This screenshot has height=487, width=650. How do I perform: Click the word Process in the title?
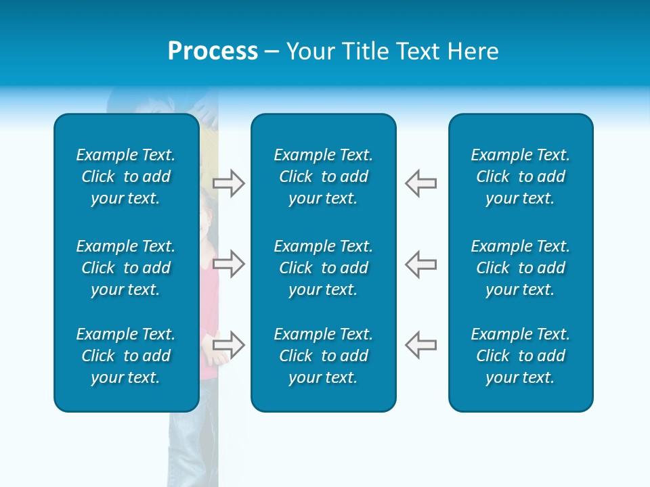[x=213, y=51]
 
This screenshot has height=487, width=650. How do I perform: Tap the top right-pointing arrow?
[x=228, y=183]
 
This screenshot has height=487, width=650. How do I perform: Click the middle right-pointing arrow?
[x=228, y=264]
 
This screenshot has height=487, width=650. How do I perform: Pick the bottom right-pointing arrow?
[x=228, y=344]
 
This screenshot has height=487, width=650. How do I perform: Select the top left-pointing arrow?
[x=420, y=183]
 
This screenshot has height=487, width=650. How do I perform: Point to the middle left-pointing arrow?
[x=420, y=264]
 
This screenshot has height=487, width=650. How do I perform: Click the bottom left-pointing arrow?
[x=420, y=344]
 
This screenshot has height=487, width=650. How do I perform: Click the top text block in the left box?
[x=126, y=177]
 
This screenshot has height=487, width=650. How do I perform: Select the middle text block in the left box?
[x=126, y=268]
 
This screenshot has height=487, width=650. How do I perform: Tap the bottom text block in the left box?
[x=126, y=356]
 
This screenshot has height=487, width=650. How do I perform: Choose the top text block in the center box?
[x=324, y=177]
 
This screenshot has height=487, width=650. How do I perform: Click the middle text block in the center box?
[x=324, y=268]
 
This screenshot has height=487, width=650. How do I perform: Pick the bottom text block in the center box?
[x=324, y=356]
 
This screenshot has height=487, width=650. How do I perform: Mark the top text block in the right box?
[x=521, y=177]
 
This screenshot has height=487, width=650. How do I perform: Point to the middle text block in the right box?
[x=521, y=268]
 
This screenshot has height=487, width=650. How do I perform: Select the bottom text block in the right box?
[x=521, y=356]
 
